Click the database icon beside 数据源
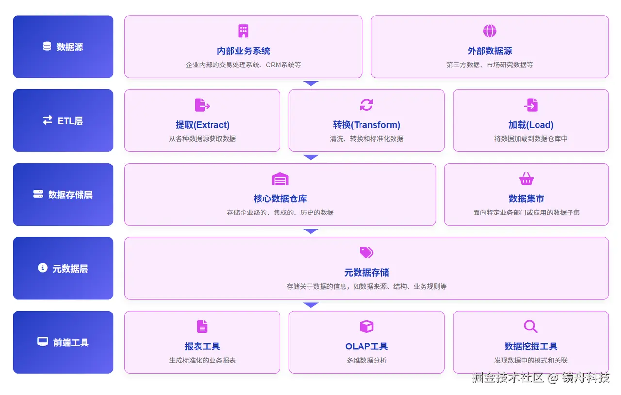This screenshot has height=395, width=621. [47, 47]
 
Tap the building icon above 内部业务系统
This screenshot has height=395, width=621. [244, 31]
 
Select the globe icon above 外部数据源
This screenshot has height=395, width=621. [490, 31]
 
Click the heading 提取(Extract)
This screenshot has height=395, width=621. [202, 125]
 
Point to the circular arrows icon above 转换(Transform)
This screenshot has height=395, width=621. [366, 105]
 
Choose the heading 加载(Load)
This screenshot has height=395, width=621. [531, 125]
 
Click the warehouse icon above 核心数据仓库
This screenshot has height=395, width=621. [280, 179]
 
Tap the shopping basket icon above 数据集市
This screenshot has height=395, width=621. [526, 179]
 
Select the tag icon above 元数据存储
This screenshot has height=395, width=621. [366, 252]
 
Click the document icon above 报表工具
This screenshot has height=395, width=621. [202, 327]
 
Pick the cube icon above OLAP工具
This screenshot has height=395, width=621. [366, 327]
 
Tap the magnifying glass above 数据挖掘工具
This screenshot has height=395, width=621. [531, 327]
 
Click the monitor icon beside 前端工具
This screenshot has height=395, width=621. [43, 342]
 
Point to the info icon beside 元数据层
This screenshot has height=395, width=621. [43, 268]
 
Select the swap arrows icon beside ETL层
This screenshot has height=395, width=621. [48, 120]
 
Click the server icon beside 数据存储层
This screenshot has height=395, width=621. [38, 194]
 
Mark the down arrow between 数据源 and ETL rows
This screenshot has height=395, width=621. [310, 83]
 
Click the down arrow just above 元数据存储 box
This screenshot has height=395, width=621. [310, 231]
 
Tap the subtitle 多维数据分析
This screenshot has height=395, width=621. [366, 361]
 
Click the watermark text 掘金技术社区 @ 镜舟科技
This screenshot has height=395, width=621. [540, 378]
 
